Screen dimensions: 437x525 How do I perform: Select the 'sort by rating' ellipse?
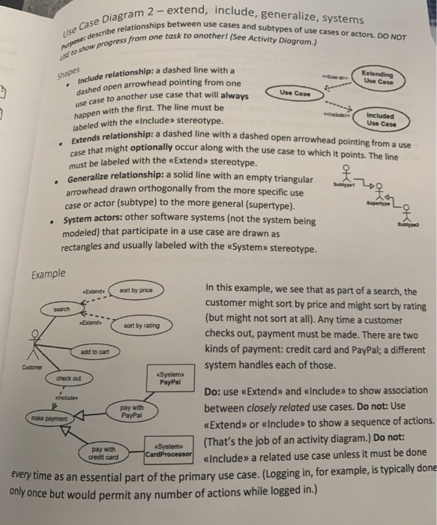pyautogui.click(x=140, y=325)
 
